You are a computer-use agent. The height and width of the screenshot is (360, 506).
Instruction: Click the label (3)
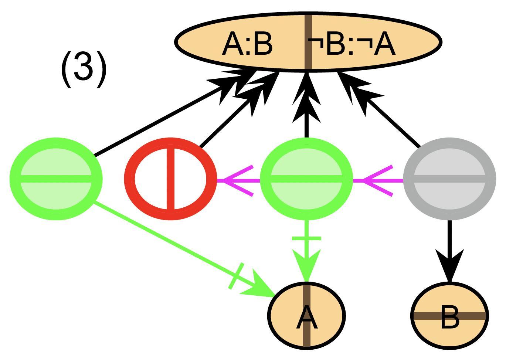[x=84, y=69]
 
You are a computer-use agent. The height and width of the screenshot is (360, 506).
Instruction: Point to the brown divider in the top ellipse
[x=308, y=41]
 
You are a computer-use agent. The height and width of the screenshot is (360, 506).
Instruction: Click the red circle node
[x=170, y=179]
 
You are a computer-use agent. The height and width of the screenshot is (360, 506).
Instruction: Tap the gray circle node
[x=449, y=179]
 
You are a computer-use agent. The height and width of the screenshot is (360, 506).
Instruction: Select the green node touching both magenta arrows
[x=306, y=179]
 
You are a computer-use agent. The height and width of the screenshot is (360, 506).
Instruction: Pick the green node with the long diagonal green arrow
[x=56, y=179]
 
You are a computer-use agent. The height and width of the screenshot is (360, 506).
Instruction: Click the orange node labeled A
[x=306, y=315]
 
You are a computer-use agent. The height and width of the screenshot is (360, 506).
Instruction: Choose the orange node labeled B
[x=449, y=315]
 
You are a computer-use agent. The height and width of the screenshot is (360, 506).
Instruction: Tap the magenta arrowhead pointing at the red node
[x=237, y=180]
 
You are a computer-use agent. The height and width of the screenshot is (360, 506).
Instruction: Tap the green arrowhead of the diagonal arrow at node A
[x=259, y=288]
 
